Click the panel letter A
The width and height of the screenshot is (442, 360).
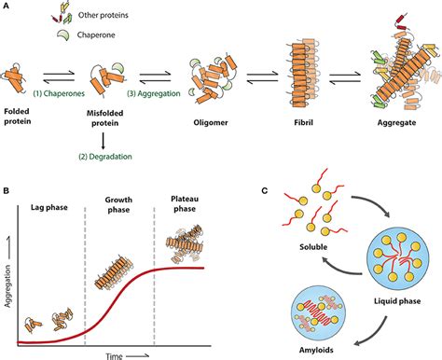7,7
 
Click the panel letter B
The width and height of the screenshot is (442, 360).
7,192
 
